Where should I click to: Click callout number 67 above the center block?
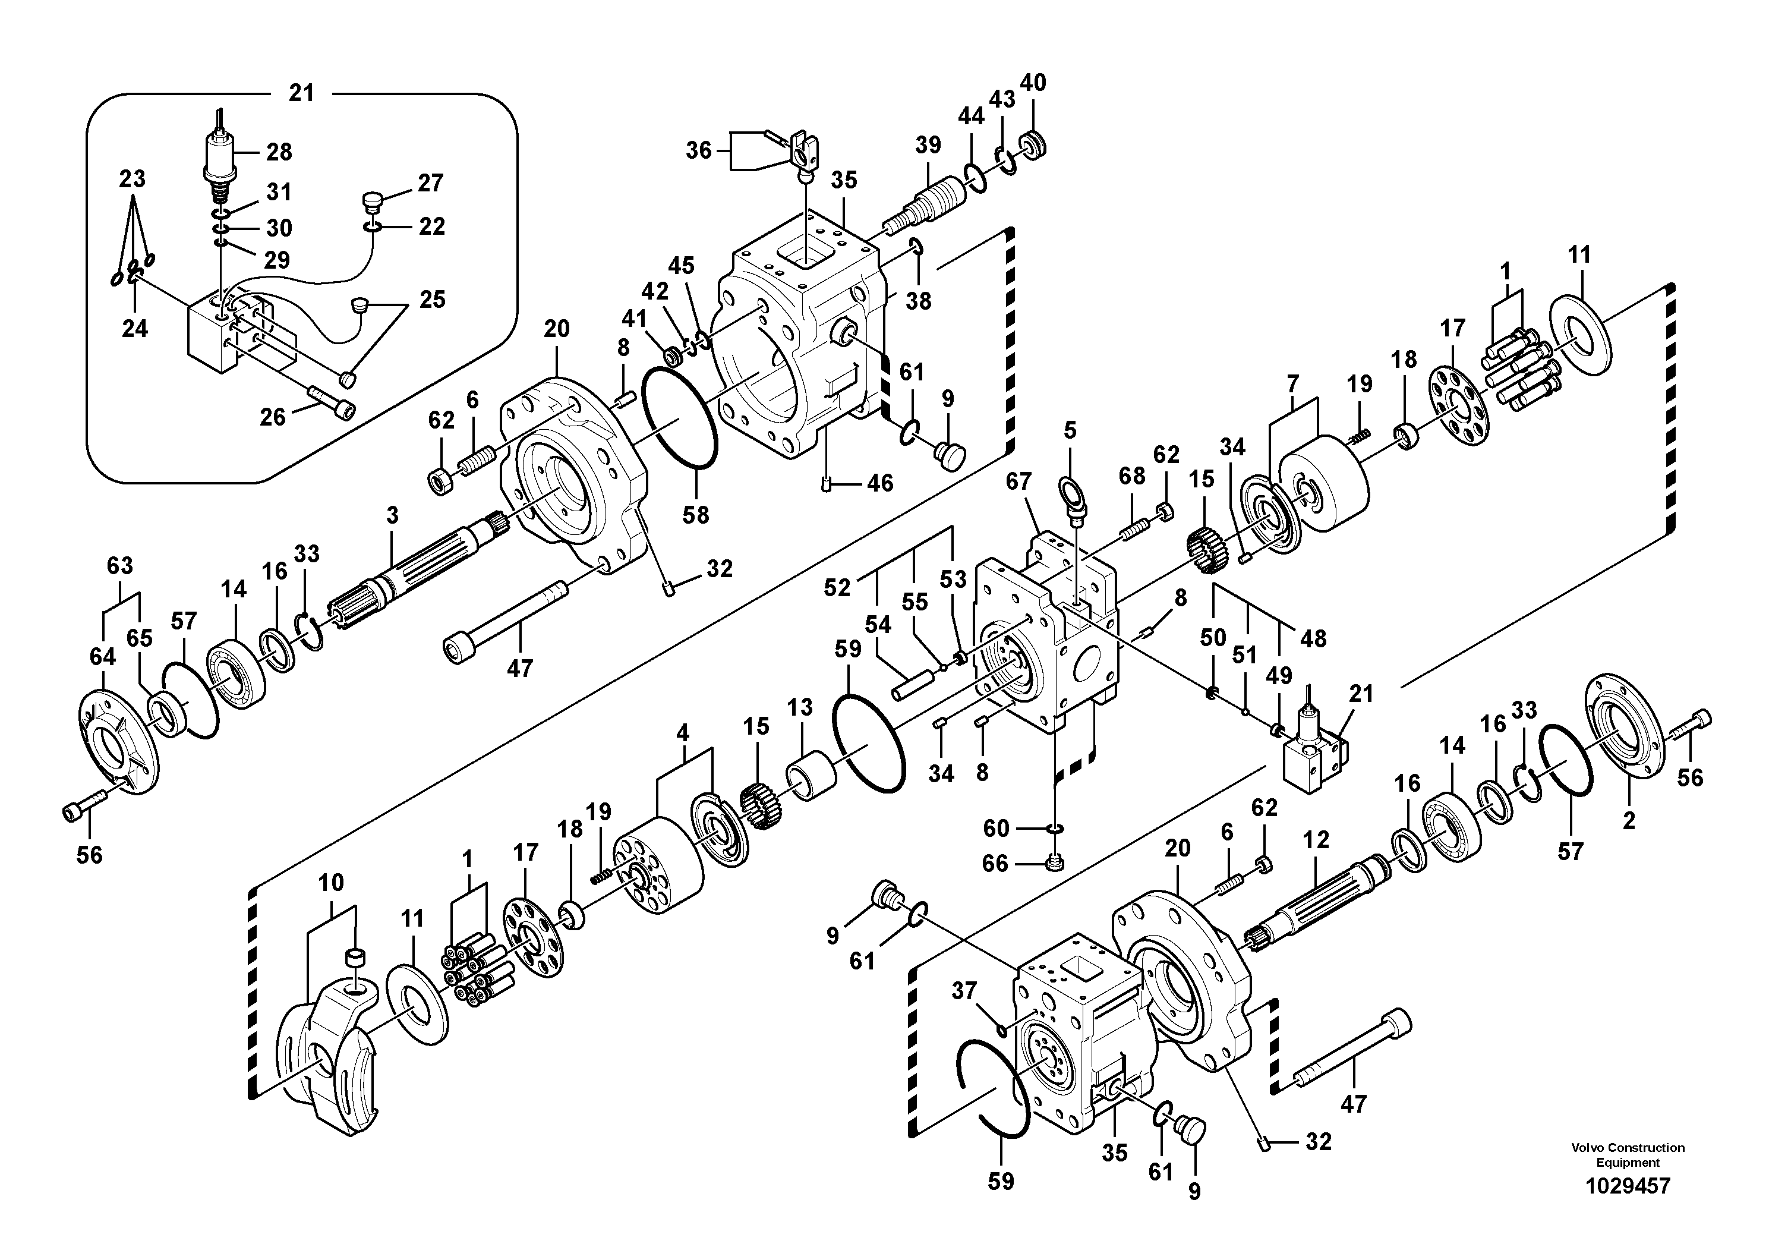coord(1018,481)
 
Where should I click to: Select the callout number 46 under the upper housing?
coord(880,483)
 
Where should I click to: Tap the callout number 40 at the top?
coord(1033,83)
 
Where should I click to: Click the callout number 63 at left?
coord(119,566)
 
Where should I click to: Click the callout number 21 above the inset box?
coord(301,93)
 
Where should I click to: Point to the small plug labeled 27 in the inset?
coord(371,202)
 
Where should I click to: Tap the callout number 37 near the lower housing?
coord(964,990)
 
